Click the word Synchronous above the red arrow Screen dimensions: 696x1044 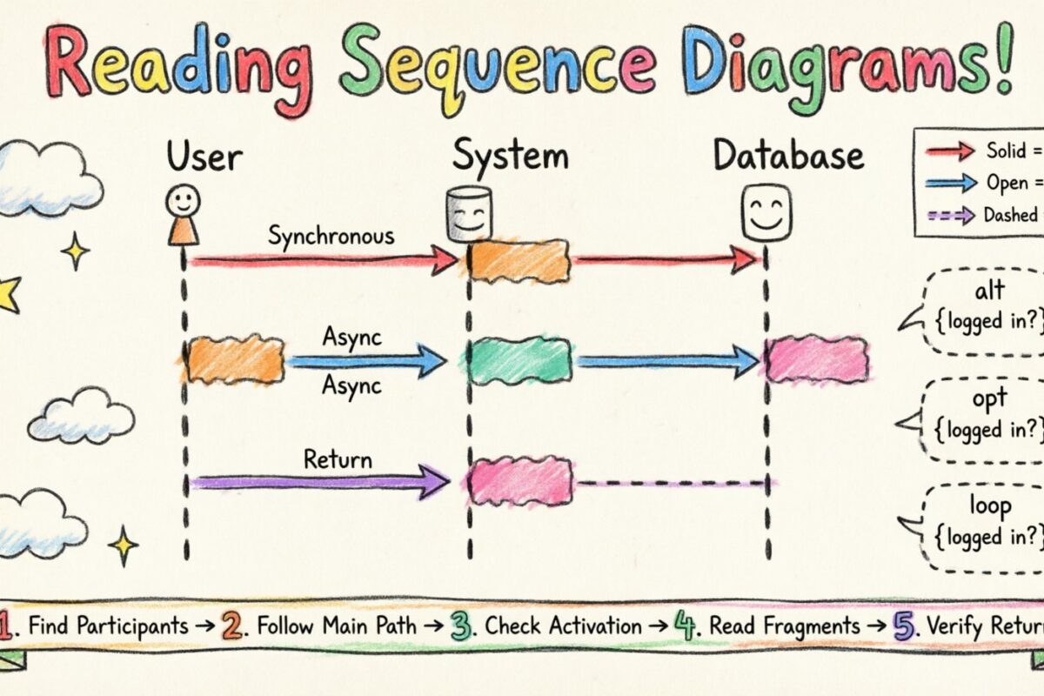(331, 235)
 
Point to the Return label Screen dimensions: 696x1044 (338, 458)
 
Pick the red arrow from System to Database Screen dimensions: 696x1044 (666, 258)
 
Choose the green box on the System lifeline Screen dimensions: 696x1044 (519, 360)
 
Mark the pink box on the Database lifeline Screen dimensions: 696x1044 (817, 359)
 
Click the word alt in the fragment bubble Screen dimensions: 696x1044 (989, 291)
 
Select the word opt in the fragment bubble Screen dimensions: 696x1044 (990, 399)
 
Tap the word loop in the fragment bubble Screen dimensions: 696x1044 (990, 506)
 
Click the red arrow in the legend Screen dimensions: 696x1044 (951, 151)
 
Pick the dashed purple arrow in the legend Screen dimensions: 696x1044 (951, 215)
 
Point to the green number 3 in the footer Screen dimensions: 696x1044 (462, 625)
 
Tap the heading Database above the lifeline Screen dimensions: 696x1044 (788, 157)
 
